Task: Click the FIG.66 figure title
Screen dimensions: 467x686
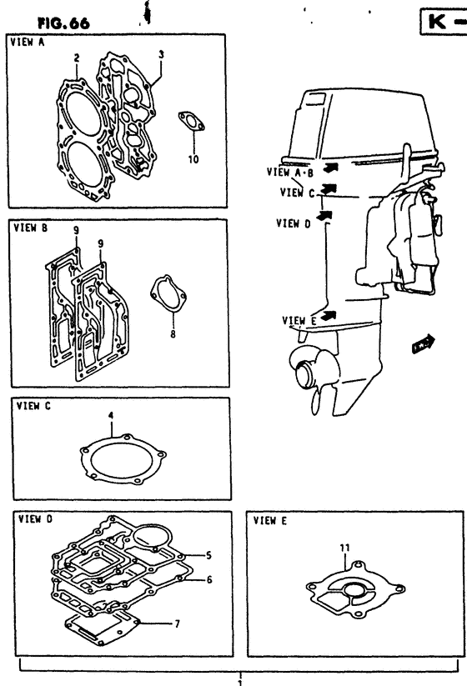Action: pyautogui.click(x=64, y=23)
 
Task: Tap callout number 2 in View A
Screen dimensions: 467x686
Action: pyautogui.click(x=77, y=58)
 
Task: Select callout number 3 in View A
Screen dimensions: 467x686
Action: pyautogui.click(x=161, y=54)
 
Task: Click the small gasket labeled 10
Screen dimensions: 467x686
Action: pyautogui.click(x=191, y=121)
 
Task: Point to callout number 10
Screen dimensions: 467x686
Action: pyautogui.click(x=193, y=159)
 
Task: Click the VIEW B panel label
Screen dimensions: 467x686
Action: pyautogui.click(x=31, y=228)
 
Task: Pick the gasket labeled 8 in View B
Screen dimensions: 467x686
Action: pyautogui.click(x=168, y=293)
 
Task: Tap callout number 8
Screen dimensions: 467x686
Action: pyautogui.click(x=173, y=334)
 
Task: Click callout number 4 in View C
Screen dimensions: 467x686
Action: pyautogui.click(x=111, y=415)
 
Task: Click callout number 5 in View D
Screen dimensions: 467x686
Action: pyautogui.click(x=208, y=555)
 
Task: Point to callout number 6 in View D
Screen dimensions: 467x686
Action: pyautogui.click(x=209, y=579)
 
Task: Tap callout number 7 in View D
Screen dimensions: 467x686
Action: pyautogui.click(x=178, y=623)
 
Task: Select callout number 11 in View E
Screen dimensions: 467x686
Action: pyautogui.click(x=345, y=548)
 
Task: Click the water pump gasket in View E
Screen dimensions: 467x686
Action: pyautogui.click(x=355, y=589)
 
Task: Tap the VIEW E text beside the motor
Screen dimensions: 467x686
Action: pyautogui.click(x=299, y=321)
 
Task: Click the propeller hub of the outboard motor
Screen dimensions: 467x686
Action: pyautogui.click(x=306, y=375)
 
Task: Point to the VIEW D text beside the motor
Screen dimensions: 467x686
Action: pyautogui.click(x=294, y=223)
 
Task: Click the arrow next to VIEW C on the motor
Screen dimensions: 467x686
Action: pyautogui.click(x=329, y=189)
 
